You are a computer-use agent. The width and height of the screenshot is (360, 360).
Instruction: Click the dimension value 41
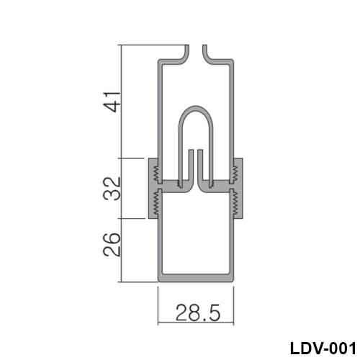(112, 102)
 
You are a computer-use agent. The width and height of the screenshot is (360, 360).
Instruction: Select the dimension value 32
(112, 189)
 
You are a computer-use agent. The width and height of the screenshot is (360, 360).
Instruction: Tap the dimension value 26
(112, 245)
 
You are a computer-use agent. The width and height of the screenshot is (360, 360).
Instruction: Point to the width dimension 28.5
(198, 312)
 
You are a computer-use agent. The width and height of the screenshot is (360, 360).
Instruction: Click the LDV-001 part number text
(323, 348)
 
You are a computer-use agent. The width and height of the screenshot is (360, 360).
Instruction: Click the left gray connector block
(153, 189)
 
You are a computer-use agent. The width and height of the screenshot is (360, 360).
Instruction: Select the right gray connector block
(238, 189)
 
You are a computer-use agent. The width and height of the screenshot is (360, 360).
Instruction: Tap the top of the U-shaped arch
(196, 108)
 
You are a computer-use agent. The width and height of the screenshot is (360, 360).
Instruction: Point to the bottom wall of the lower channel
(196, 278)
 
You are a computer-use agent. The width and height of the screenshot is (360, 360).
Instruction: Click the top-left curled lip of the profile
(185, 58)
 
